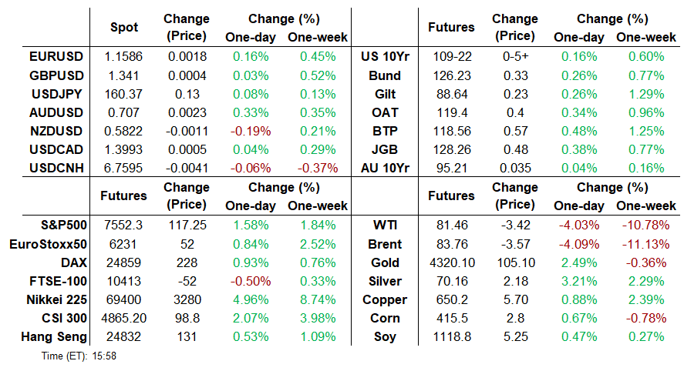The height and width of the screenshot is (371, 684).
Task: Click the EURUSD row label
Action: [56, 57]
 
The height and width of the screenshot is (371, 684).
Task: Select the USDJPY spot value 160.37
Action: [123, 94]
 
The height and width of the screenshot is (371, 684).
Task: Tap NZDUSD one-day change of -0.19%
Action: [251, 131]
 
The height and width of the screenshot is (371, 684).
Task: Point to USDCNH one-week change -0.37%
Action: [318, 168]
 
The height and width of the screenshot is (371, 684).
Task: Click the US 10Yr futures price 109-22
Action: [452, 57]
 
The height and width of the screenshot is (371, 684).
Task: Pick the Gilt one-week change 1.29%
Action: [646, 94]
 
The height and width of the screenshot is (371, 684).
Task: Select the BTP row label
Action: [385, 131]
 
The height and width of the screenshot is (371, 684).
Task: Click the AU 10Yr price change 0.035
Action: [515, 168]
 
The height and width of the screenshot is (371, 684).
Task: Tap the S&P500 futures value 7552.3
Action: [123, 225]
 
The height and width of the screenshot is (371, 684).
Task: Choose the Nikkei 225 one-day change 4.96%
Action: [251, 299]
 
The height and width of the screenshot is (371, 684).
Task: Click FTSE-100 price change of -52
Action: [187, 281]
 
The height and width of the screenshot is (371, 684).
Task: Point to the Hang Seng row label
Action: [54, 336]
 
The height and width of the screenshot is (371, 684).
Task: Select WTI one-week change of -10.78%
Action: [645, 225]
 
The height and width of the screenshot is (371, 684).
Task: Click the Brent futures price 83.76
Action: [452, 244]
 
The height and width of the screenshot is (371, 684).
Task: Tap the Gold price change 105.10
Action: [516, 262]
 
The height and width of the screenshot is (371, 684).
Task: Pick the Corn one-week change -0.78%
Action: [646, 319]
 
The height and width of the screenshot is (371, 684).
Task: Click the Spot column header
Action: [124, 28]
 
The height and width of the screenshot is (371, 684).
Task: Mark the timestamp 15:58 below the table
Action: [104, 356]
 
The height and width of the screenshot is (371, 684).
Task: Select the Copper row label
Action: [385, 300]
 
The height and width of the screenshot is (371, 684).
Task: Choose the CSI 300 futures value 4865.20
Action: [124, 319]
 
